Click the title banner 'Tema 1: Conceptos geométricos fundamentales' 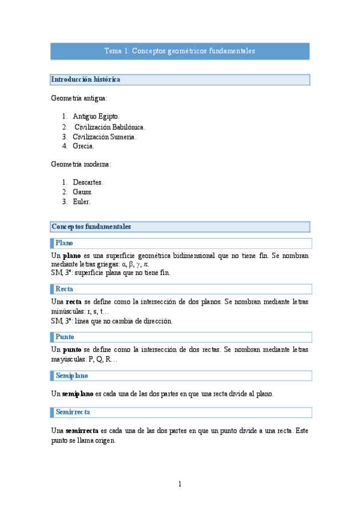pos(180,51)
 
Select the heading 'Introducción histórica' pos(86,79)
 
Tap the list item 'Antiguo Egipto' pos(96,116)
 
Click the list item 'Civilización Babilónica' pos(110,127)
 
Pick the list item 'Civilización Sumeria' pos(105,137)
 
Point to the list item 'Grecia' pos(83,146)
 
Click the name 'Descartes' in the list pos(88,182)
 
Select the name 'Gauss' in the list pos(82,192)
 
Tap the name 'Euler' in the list pos(82,201)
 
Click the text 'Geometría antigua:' pos(79,97)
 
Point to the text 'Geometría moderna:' pos(81,164)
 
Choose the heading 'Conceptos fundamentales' pos(91,227)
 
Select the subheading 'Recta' pos(64,289)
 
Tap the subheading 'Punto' pos(64,337)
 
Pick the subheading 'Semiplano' pos(72,375)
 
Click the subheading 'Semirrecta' pos(73,412)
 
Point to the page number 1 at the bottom pos(180,484)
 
